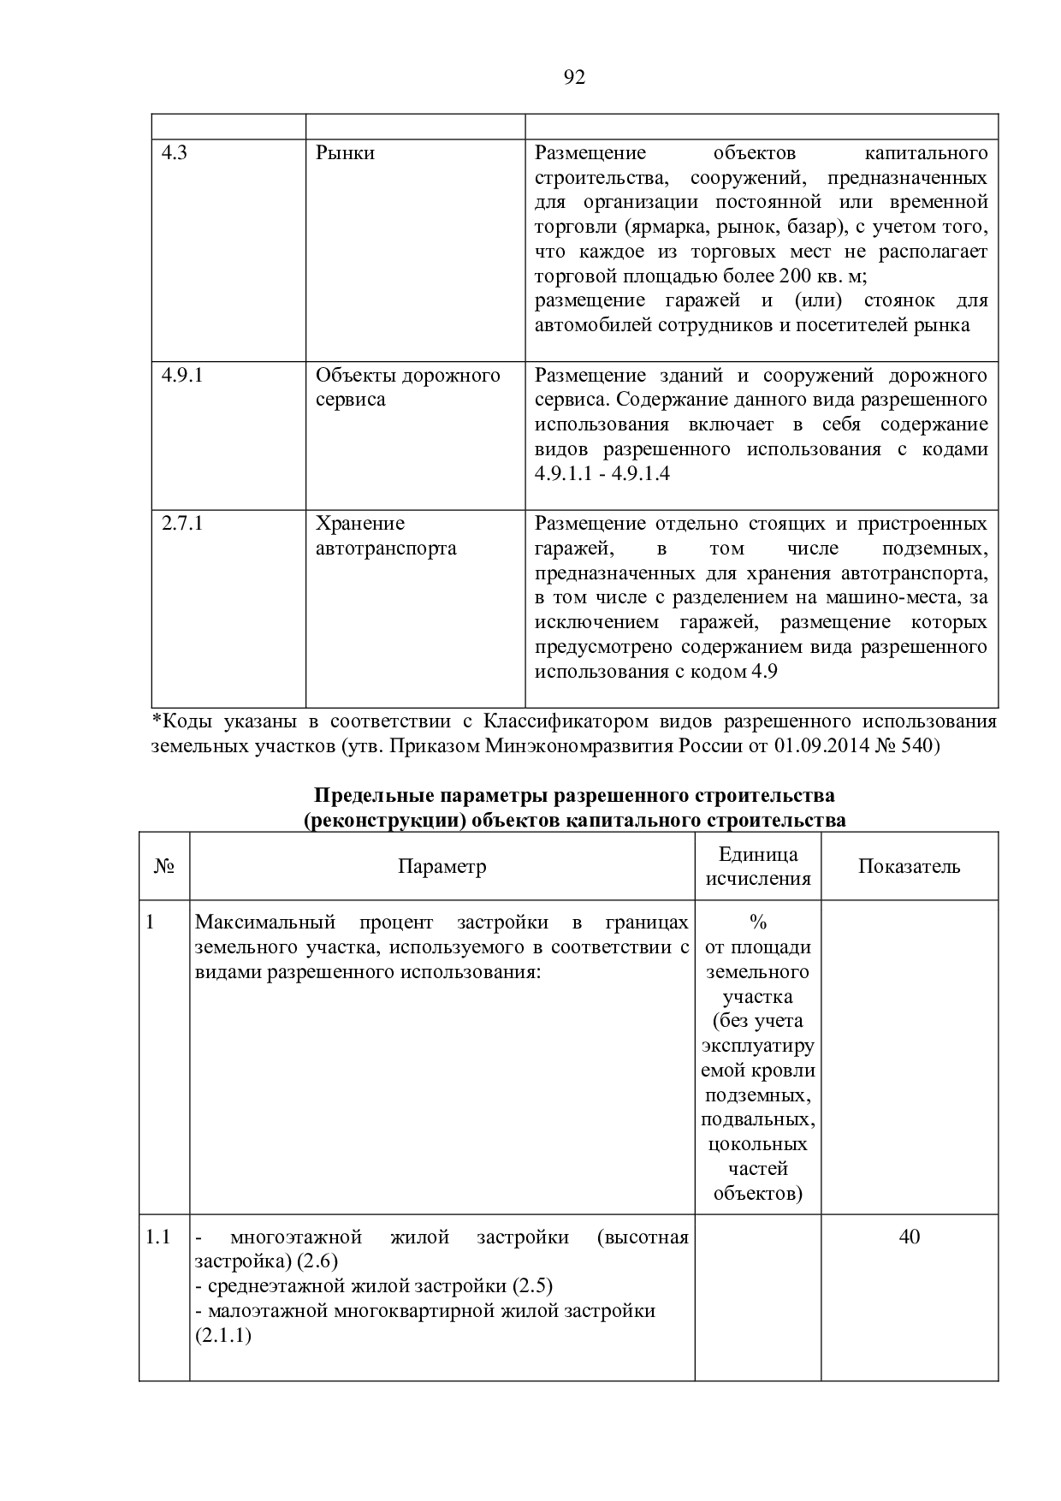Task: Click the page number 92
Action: point(575,78)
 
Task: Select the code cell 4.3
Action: point(175,153)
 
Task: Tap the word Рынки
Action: point(346,153)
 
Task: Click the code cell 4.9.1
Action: point(182,375)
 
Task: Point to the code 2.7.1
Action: point(182,523)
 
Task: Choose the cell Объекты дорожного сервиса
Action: point(407,387)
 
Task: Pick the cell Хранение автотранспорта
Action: point(386,536)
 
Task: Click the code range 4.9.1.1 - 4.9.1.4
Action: point(602,473)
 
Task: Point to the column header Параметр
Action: point(442,866)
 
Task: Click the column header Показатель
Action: point(909,866)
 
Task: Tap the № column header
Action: point(164,866)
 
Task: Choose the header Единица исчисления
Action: point(757,866)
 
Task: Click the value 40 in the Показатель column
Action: point(909,1237)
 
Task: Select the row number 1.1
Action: point(158,1237)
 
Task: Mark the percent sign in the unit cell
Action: point(757,923)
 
